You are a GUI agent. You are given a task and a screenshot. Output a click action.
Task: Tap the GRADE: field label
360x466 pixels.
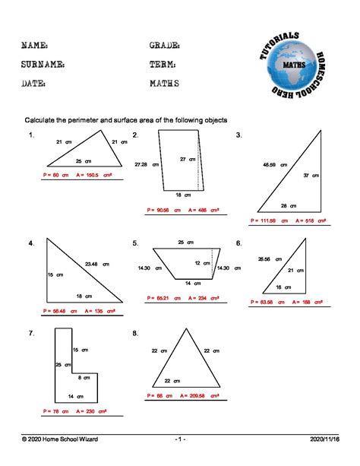pos(166,46)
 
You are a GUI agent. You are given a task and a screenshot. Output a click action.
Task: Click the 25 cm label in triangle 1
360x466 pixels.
pos(83,160)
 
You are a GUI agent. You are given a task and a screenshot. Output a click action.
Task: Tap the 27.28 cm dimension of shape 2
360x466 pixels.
pos(147,164)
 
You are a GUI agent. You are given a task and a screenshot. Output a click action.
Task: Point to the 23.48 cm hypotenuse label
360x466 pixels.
pos(96,264)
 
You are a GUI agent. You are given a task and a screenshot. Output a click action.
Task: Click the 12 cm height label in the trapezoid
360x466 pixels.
pos(202,263)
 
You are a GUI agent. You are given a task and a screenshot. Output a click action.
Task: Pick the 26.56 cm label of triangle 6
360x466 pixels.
pos(270,259)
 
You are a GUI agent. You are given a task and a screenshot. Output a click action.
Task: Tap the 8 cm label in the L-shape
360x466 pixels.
pos(85,378)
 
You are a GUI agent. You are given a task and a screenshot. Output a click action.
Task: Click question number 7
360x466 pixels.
pos(31,333)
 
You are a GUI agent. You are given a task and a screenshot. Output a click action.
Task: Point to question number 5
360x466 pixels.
pos(135,243)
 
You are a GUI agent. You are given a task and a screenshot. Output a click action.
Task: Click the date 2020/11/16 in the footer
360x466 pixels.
pos(324,440)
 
